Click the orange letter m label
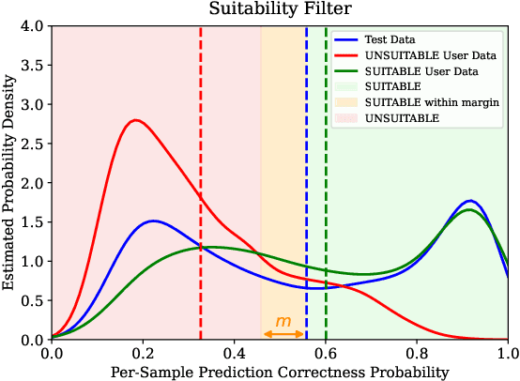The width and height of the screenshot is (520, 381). [283, 321]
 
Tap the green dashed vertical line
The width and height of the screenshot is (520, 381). [326, 188]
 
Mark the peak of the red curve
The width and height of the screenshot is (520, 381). [137, 120]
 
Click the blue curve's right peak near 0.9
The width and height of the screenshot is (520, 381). [470, 201]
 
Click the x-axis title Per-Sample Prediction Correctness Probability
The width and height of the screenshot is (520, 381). [280, 372]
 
